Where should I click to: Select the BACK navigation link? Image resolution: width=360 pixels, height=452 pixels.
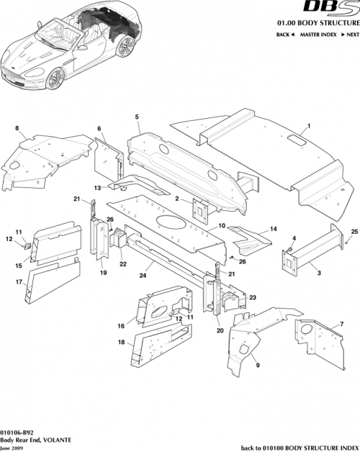pyautogui.click(x=284, y=35)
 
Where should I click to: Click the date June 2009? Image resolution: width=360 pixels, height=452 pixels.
pyautogui.click(x=12, y=447)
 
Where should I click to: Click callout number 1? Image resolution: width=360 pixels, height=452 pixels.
pyautogui.click(x=309, y=127)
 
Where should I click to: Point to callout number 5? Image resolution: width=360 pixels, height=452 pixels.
pyautogui.click(x=136, y=117)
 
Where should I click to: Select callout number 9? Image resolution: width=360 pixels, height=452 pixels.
pyautogui.click(x=258, y=366)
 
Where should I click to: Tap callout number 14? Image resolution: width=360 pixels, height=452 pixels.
pyautogui.click(x=272, y=230)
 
